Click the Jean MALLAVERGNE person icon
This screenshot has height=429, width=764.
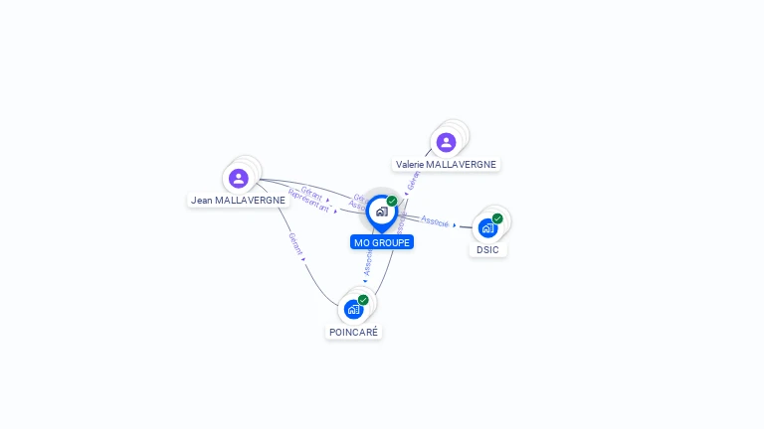(x=238, y=178)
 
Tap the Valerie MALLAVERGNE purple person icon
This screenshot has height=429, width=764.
(x=446, y=142)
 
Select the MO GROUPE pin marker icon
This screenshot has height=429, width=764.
(x=381, y=212)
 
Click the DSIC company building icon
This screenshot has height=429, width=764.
(x=487, y=227)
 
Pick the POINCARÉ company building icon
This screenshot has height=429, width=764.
(x=354, y=309)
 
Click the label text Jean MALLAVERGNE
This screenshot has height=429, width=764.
(x=238, y=200)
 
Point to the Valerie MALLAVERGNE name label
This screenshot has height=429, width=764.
(x=446, y=164)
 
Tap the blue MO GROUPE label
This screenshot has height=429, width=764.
(x=382, y=242)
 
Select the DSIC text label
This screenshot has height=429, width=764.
(x=487, y=249)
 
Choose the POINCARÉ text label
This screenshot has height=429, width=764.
(x=354, y=332)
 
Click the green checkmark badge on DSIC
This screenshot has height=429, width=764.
(x=497, y=218)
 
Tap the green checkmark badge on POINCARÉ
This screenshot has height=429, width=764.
(x=363, y=300)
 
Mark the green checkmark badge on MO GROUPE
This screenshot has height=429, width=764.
(x=392, y=202)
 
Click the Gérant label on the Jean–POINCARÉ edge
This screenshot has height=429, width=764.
(x=295, y=244)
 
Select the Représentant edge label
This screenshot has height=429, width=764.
(x=308, y=200)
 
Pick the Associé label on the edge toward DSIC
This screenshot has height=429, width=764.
(x=435, y=219)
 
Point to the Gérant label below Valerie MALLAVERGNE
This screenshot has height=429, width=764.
(x=414, y=180)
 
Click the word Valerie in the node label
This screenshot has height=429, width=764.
(x=409, y=164)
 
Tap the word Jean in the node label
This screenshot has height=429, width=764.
(x=201, y=200)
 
